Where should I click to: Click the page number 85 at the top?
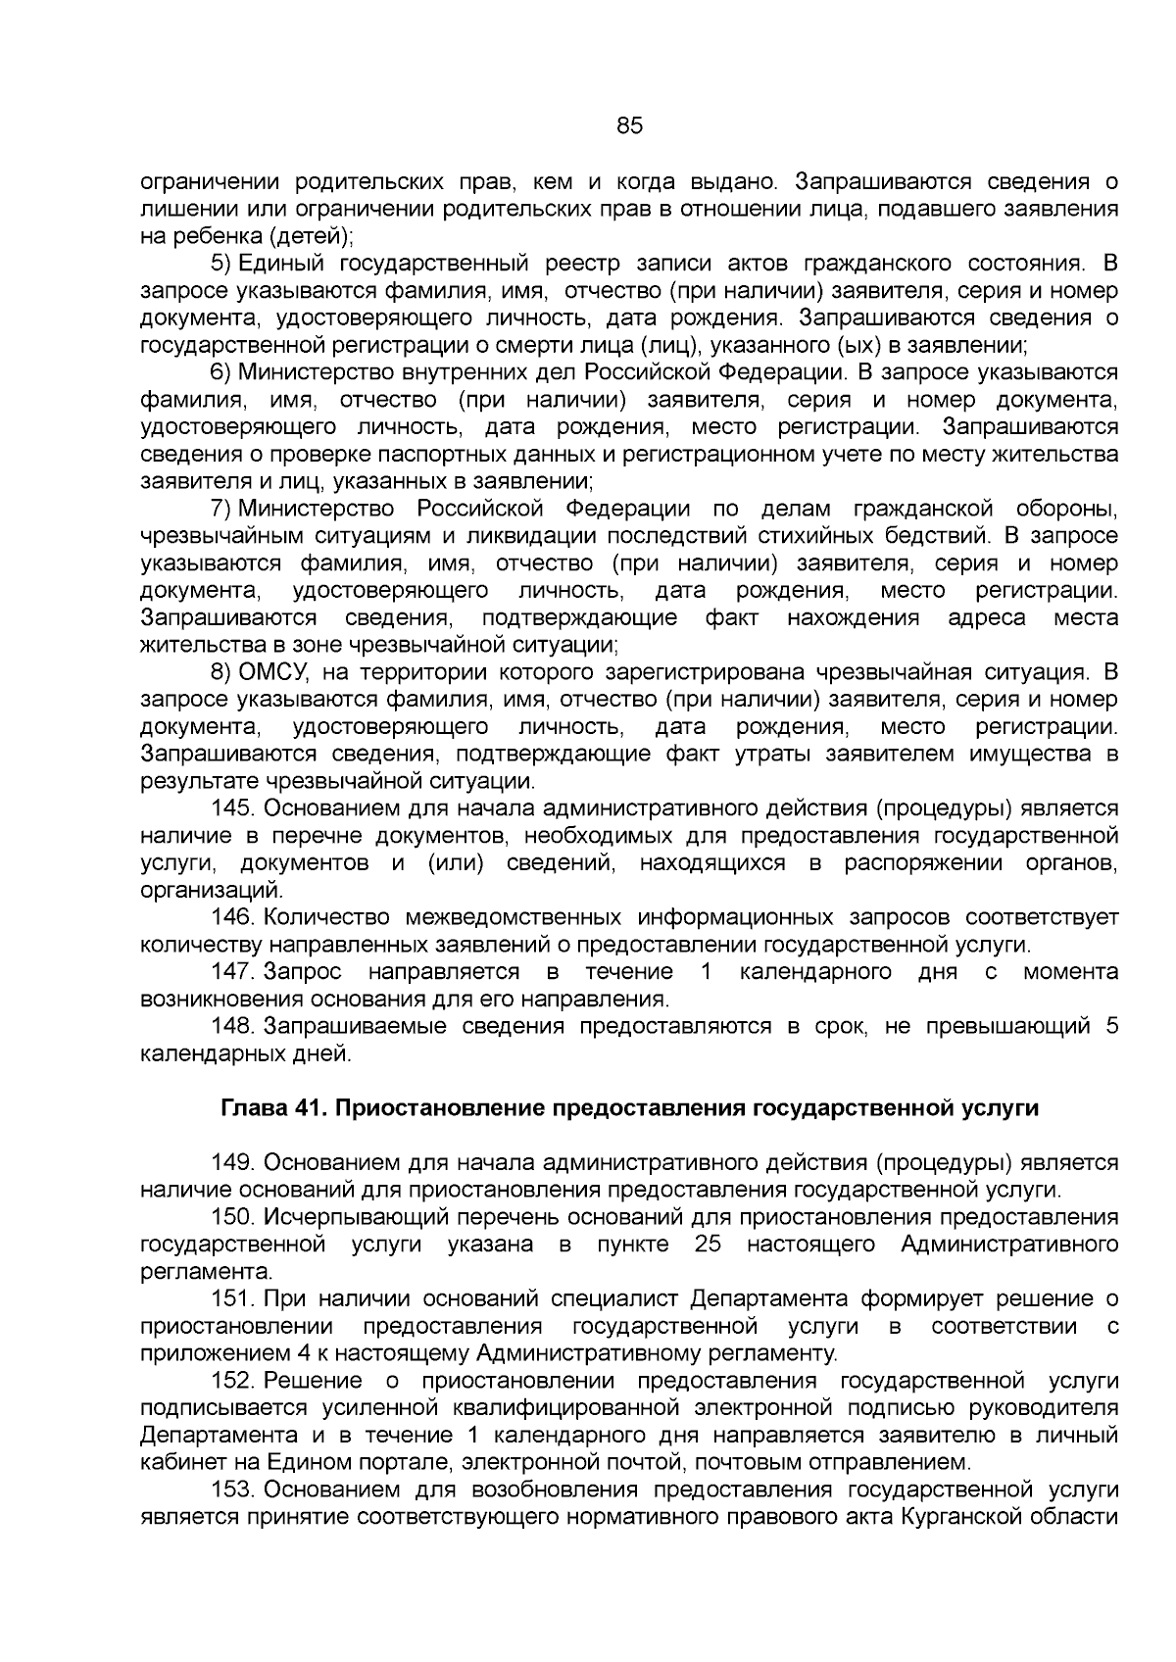coord(629,126)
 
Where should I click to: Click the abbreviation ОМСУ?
coord(273,672)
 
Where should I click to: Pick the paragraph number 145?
coord(233,808)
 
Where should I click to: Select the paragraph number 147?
coord(233,972)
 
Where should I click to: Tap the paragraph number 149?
coord(233,1163)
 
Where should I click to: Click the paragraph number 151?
coord(233,1299)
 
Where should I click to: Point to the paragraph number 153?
coord(233,1491)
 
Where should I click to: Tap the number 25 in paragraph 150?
coord(707,1245)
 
